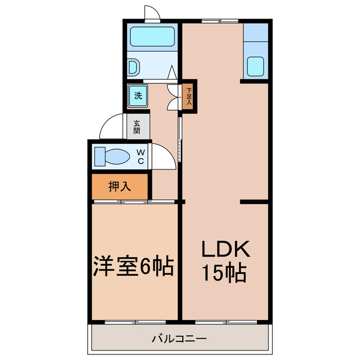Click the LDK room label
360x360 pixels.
[224, 249]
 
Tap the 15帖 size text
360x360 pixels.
[224, 274]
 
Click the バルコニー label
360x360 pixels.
[179, 340]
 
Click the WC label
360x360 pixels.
[141, 157]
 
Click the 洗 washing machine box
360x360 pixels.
[138, 95]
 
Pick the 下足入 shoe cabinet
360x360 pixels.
[190, 96]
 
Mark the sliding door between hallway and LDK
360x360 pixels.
[180, 138]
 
